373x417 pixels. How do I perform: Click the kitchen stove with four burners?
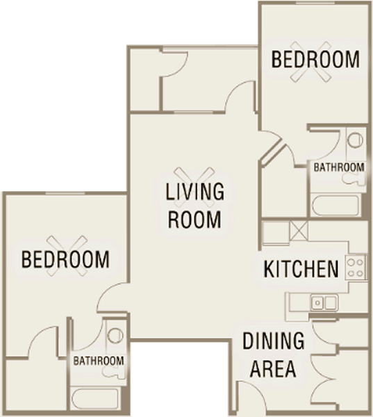pyautogui.click(x=356, y=268)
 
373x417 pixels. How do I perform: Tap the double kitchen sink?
pyautogui.click(x=324, y=302)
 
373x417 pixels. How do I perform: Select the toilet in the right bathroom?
pyautogui.click(x=356, y=140)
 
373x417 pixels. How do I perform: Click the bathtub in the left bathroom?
pyautogui.click(x=96, y=399)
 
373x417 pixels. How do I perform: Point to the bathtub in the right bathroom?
pyautogui.click(x=336, y=205)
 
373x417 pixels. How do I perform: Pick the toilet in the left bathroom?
pyautogui.click(x=115, y=335)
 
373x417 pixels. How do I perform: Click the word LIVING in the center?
pyautogui.click(x=195, y=192)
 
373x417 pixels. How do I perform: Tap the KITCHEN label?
pyautogui.click(x=301, y=269)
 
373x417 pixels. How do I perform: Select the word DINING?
pyautogui.click(x=274, y=341)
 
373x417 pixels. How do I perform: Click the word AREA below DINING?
pyautogui.click(x=273, y=369)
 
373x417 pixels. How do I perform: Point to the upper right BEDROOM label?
pyautogui.click(x=315, y=60)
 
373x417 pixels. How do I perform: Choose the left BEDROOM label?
pyautogui.click(x=65, y=259)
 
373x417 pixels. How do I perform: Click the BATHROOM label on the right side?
pyautogui.click(x=339, y=167)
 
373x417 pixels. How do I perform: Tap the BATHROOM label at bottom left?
pyautogui.click(x=99, y=361)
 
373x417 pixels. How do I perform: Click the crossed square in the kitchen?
pyautogui.click(x=298, y=231)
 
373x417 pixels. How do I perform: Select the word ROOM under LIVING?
pyautogui.click(x=194, y=219)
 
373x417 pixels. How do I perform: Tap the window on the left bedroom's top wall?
pyautogui.click(x=65, y=193)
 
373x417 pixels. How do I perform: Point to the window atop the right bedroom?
pyautogui.click(x=315, y=3)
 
